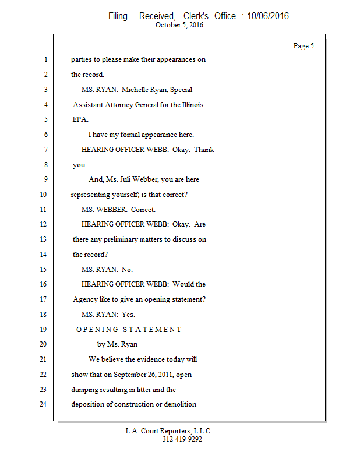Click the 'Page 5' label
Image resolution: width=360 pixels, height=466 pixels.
pos(303,46)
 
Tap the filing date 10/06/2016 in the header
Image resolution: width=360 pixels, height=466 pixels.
pos(267,16)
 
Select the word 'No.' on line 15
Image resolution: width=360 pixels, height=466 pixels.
pos(127,269)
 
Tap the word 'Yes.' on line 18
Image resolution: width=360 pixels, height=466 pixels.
pos(128,315)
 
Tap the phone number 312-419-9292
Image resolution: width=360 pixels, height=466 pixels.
pos(182,439)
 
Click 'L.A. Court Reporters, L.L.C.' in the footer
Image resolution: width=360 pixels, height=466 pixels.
pos(168,431)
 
